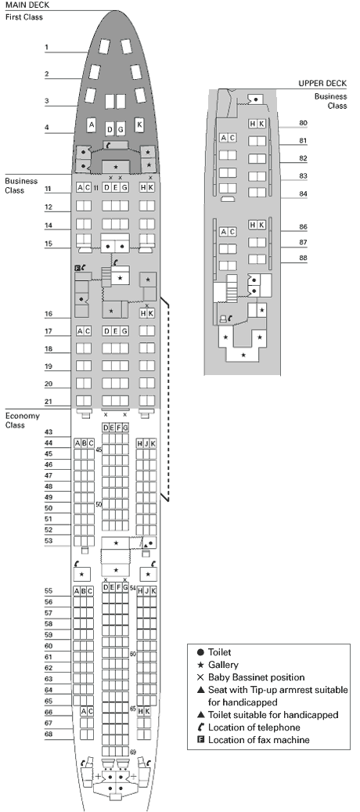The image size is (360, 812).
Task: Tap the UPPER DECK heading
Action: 322,83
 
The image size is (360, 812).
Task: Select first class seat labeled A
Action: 92,125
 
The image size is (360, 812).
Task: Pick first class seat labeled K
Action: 139,125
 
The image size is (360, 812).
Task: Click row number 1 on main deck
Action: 46,48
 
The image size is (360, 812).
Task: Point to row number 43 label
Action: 49,432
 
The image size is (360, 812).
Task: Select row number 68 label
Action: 49,734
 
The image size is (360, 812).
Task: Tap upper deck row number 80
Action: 303,123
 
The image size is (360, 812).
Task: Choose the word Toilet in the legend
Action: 219,652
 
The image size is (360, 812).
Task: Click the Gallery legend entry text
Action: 222,665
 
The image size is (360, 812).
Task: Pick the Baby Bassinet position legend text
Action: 256,677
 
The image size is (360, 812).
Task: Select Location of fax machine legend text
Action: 258,740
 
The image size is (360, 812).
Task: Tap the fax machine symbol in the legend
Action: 200,740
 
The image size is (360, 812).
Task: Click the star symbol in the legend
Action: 200,665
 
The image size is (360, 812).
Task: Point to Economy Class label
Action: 22,420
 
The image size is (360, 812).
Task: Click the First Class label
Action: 23,17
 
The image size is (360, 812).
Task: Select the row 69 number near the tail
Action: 133,752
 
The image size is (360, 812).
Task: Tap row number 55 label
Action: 49,591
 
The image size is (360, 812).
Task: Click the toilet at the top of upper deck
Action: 255,99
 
